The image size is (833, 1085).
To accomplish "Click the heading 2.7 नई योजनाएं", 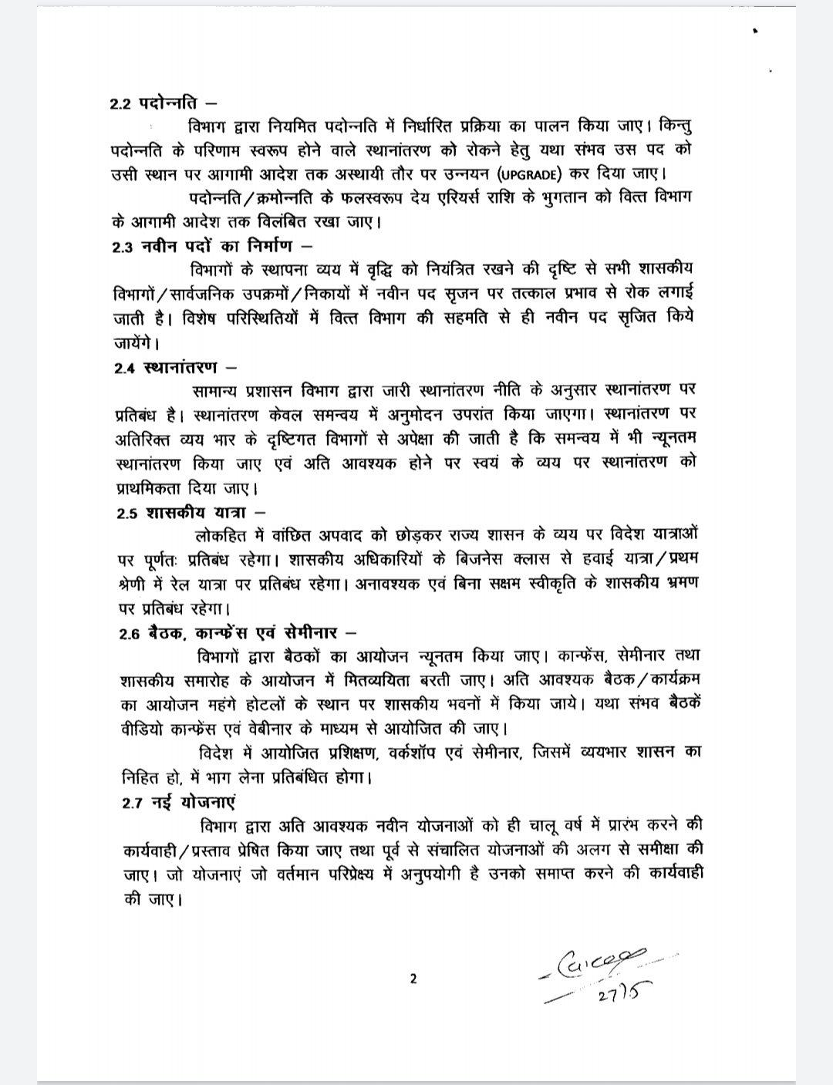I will click(178, 802).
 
